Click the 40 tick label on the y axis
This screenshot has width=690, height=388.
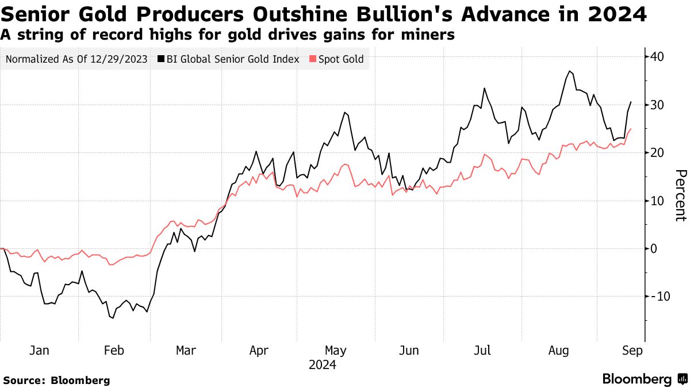pos(658,57)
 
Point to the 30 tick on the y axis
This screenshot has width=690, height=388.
pos(658,105)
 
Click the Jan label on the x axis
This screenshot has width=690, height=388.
pos(38,351)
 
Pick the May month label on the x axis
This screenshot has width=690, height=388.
pos(335,351)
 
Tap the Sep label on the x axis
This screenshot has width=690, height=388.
pos(633,351)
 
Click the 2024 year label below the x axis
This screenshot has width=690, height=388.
pos(322,365)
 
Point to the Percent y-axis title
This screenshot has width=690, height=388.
pos(680,195)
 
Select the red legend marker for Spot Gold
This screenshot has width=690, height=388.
pos(313,59)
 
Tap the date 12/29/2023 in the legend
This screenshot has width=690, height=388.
pos(120,59)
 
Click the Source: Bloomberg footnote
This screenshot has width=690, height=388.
pos(56,380)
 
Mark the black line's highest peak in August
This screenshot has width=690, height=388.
pos(569,71)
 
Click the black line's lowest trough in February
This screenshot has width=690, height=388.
pos(112,317)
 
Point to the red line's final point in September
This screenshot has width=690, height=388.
pos(631,129)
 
